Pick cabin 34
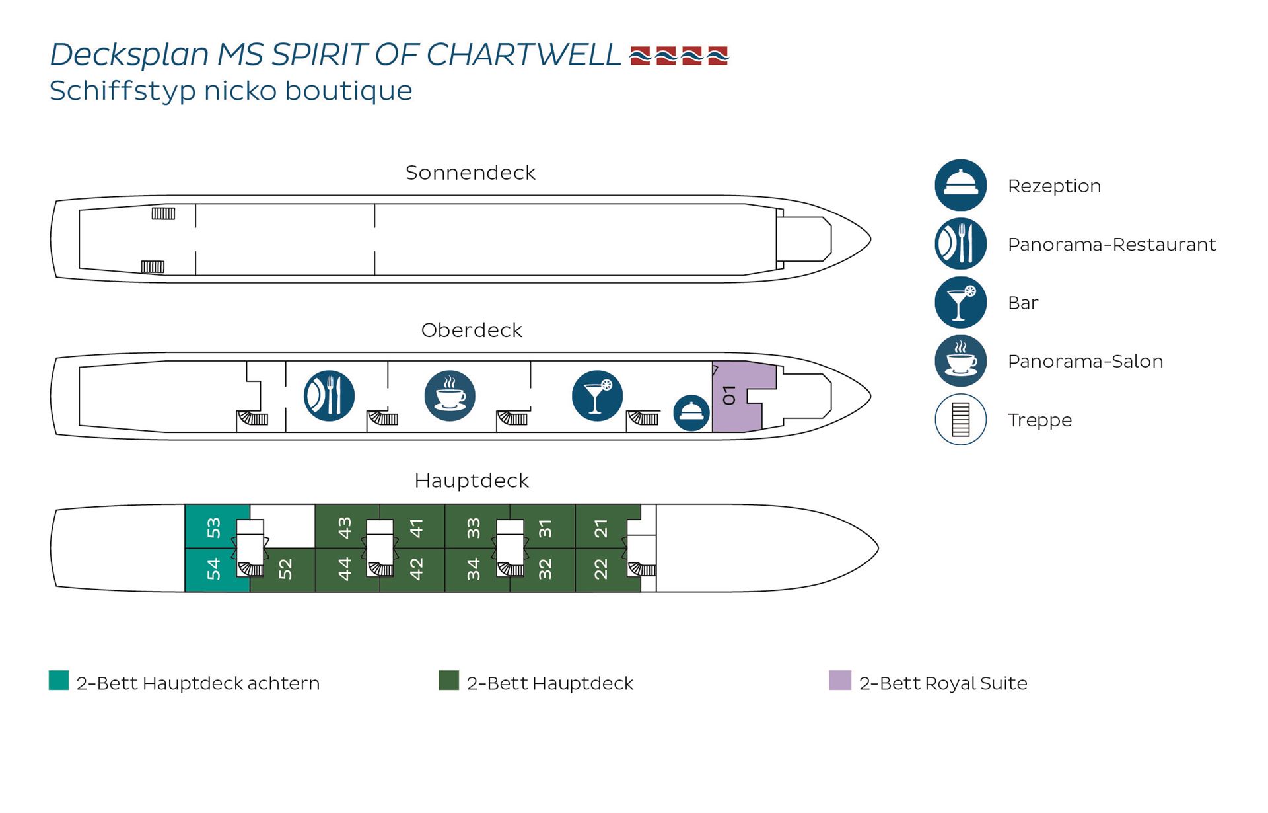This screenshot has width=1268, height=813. pos(473,569)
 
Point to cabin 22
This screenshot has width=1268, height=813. pos(600,569)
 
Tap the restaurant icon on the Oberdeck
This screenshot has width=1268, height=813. pos(329,396)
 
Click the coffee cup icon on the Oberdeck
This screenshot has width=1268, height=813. pos(450,396)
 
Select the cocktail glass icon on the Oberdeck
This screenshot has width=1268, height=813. pos(597,396)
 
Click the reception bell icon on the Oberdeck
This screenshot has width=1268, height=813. pos(691,412)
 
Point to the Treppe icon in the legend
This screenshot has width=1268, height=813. pos(960,420)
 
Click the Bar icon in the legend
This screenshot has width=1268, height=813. pos(960,303)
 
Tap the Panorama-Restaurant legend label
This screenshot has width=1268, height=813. pos(1111,245)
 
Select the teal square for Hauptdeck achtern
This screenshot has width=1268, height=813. pos(59,680)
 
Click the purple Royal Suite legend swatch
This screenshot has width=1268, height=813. pos(840,680)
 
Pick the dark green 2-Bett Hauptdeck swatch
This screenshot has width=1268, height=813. pos(449,680)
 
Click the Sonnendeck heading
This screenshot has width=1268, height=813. pos(470,173)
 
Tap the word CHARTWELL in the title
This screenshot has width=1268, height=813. pos(523,55)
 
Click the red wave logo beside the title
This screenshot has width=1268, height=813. pos(679,56)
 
